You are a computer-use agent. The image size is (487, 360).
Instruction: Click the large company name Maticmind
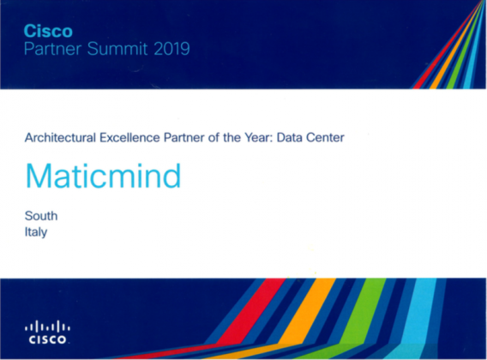click(104, 176)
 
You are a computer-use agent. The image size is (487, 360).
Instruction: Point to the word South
click(41, 216)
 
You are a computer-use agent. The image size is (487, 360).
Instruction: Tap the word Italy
click(35, 231)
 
